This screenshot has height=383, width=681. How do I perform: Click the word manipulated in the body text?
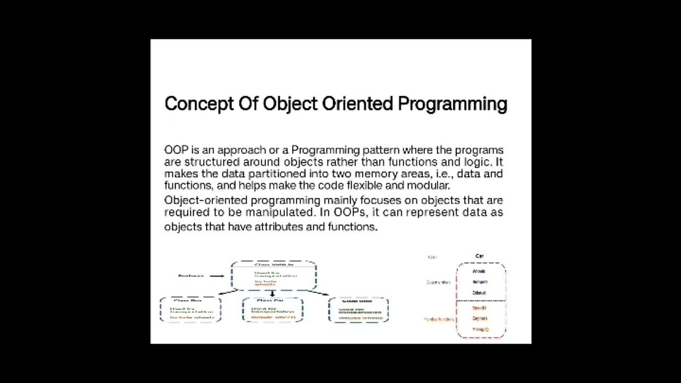coord(281,212)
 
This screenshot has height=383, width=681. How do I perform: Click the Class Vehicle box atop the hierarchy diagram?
coord(273,276)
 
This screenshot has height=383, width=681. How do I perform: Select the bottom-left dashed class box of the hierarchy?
coord(190,310)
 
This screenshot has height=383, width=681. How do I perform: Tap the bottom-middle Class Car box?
coord(272,310)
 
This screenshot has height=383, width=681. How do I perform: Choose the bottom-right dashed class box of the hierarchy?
coord(358,310)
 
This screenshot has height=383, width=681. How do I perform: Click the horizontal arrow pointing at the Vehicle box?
coord(217,276)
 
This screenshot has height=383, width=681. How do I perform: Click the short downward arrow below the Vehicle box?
coord(272,294)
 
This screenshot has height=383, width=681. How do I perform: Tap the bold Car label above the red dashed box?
coord(479,256)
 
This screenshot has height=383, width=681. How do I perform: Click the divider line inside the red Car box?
coord(481,302)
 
